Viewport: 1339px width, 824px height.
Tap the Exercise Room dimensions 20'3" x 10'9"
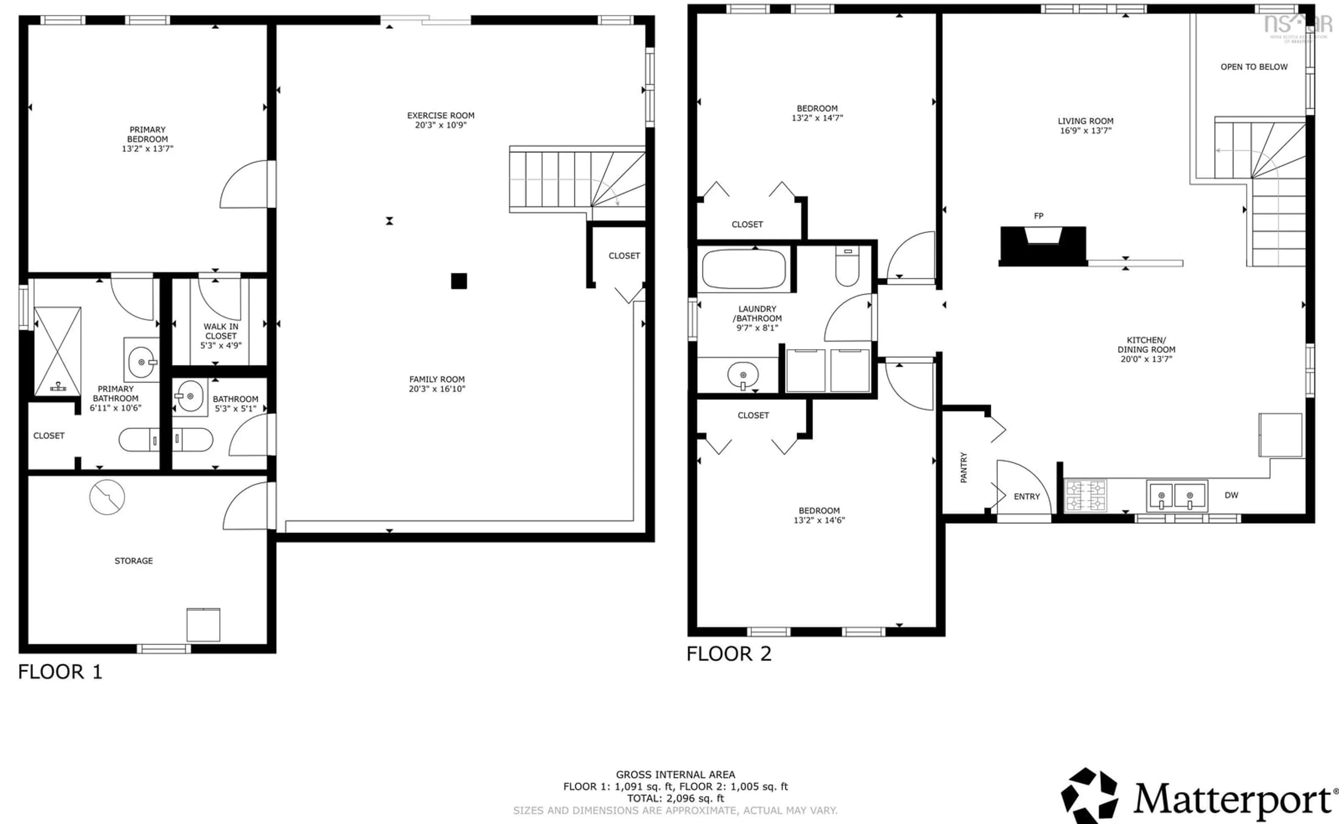[441, 125]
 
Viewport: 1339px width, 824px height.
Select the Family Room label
[437, 379]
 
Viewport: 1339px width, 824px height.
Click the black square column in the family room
[459, 281]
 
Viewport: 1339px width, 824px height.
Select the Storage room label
[134, 561]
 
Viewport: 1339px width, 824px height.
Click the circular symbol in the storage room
[107, 497]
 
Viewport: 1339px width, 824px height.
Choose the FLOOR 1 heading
[60, 672]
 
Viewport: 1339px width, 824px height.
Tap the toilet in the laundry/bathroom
[847, 267]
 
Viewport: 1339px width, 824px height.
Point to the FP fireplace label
[1038, 216]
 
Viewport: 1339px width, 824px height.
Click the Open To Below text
[1254, 67]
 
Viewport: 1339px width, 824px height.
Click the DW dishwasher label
[1231, 495]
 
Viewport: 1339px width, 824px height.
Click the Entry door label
[1026, 496]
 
